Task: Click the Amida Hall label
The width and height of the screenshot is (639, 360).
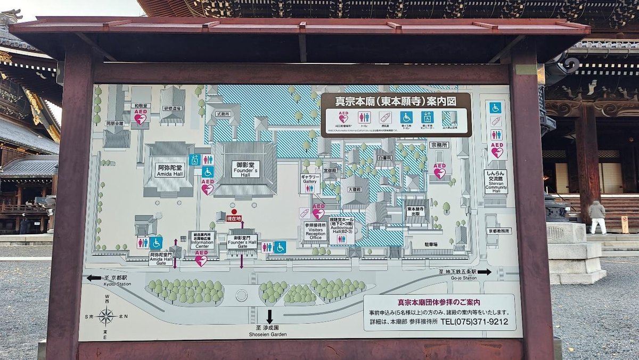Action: coord(170,170)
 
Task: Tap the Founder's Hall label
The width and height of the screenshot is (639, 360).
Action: coord(245,169)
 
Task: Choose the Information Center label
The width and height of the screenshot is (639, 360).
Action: coord(202,241)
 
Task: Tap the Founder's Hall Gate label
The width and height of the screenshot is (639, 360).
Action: coord(242,241)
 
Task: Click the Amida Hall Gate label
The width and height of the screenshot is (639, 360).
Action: coord(160,259)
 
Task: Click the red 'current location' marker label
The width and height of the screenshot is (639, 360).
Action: coord(234,218)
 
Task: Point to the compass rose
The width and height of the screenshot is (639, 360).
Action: coord(106,316)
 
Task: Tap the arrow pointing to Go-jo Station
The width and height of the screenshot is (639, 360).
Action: coord(485,272)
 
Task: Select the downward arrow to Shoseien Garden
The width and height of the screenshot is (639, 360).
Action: coord(269,316)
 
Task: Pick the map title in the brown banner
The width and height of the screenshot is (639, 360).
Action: coord(395,101)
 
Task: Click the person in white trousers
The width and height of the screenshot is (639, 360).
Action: coord(598,217)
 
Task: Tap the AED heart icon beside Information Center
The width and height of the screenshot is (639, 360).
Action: coord(201,260)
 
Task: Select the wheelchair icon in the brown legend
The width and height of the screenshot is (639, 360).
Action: coord(406,117)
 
